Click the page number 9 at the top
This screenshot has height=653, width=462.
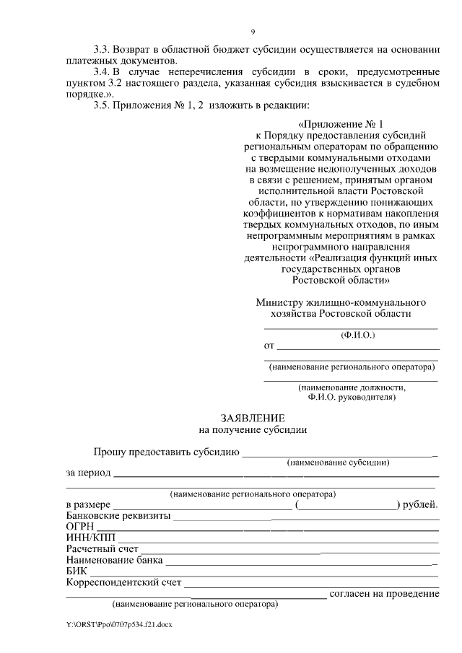(x=253, y=32)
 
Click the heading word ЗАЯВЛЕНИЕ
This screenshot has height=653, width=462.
(x=252, y=418)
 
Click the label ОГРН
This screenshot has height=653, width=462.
(x=79, y=527)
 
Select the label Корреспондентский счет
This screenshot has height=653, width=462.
(x=123, y=582)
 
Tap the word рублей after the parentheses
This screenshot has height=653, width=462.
(x=420, y=505)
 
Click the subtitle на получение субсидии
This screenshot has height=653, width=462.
(x=253, y=429)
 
